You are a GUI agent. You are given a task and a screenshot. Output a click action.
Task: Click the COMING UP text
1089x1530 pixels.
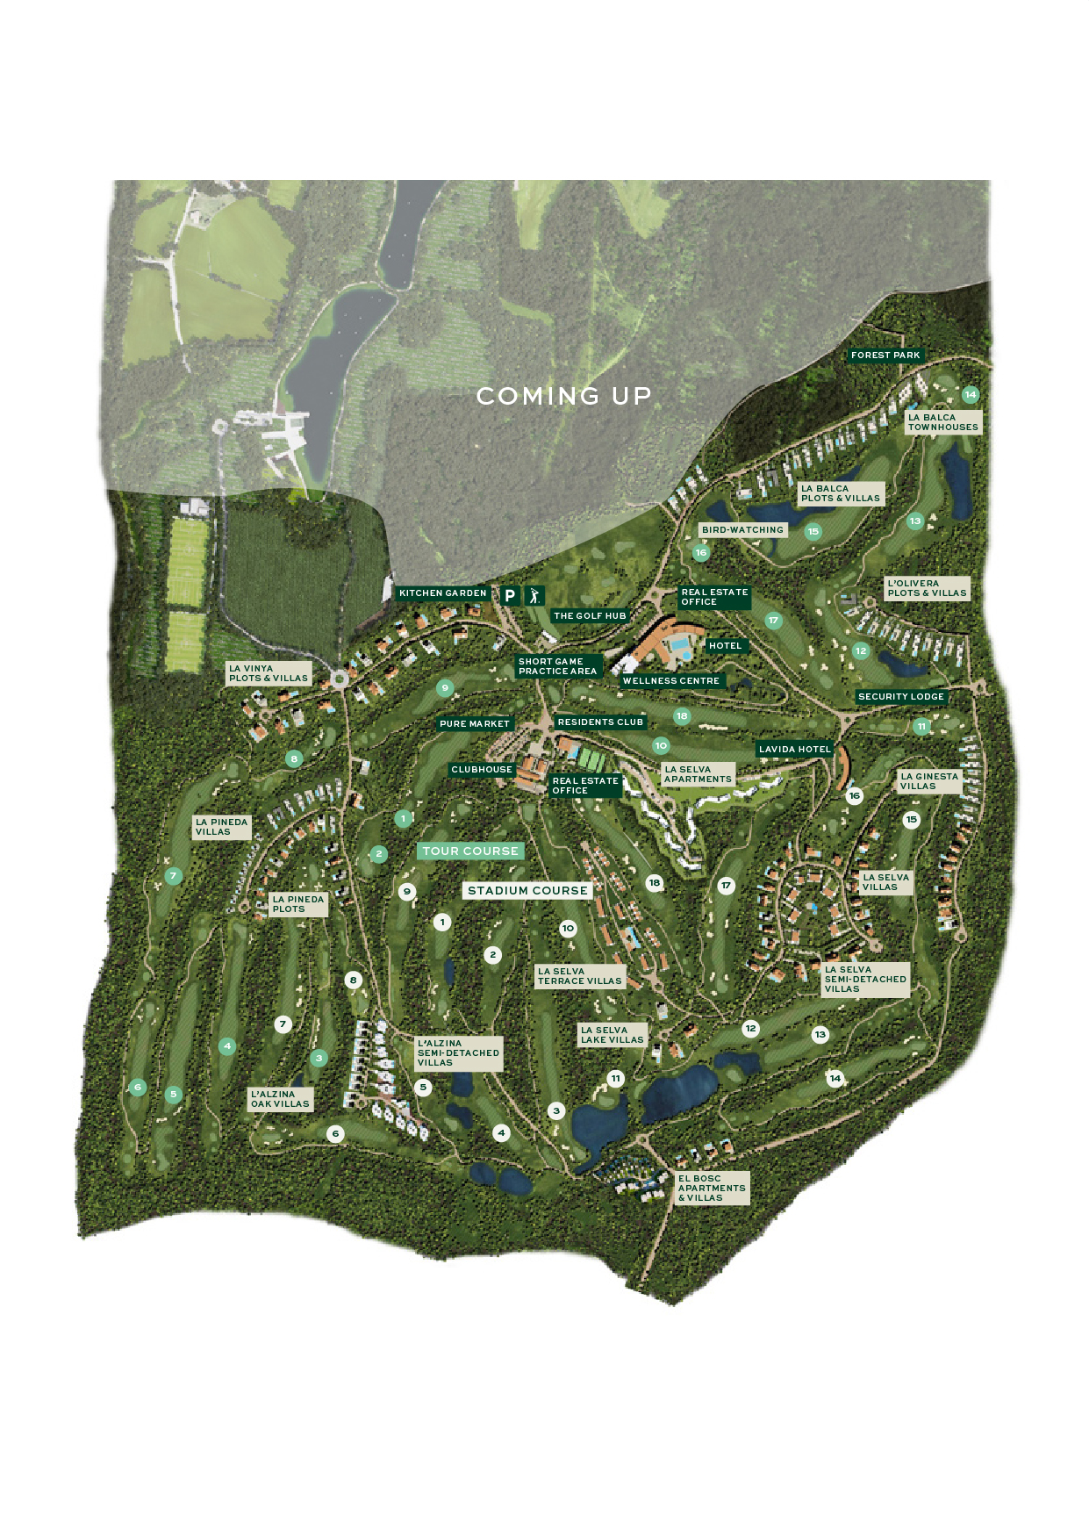coord(563,397)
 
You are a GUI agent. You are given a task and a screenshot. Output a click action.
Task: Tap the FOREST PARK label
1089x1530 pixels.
coord(885,356)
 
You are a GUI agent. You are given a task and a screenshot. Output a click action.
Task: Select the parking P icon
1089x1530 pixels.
coord(510,595)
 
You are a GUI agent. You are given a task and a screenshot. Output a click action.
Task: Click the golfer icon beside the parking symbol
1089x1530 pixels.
coord(534,595)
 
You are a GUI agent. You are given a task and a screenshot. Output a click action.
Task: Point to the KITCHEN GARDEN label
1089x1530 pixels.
coord(442,593)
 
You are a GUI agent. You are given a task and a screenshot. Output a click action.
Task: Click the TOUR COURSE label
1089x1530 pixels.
coord(470,851)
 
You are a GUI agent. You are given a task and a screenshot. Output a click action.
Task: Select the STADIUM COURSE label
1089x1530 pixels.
coord(527,890)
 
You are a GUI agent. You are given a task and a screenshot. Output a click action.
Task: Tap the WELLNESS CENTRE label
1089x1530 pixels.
coord(670,681)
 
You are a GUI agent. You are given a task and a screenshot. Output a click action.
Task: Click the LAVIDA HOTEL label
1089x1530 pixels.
coord(794,750)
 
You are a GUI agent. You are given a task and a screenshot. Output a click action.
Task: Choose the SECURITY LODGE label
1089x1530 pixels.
coord(901,697)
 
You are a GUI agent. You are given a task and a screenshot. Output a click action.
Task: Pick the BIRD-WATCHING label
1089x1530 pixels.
coord(742,530)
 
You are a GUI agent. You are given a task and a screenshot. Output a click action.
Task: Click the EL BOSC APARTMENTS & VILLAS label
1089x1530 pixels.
coord(712,1189)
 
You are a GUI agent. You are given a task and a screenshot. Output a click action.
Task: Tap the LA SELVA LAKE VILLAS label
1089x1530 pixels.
coord(612,1035)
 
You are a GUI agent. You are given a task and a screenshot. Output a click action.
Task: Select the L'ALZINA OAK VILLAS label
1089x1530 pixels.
coord(280,1099)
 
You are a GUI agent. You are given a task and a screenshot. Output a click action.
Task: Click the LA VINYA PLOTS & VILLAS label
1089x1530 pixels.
coord(268,673)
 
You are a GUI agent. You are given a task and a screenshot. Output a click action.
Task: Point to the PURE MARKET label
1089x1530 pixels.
coord(474,724)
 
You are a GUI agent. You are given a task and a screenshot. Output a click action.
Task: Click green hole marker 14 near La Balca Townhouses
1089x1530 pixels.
coord(970,395)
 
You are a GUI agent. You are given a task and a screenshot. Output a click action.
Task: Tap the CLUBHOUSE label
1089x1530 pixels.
coord(481,770)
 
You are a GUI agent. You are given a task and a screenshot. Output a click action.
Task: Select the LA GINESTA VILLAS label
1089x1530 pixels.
coord(929,781)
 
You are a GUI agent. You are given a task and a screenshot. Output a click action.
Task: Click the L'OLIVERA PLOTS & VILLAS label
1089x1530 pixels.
coord(927,588)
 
